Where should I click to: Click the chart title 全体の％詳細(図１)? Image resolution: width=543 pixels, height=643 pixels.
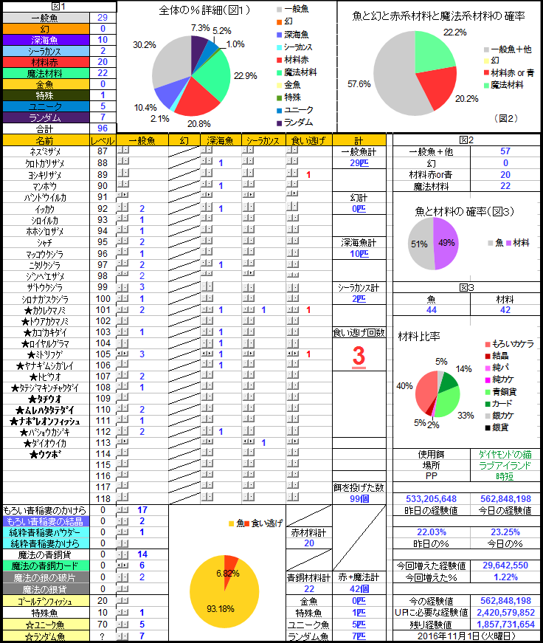pyautogui.click(x=204, y=10)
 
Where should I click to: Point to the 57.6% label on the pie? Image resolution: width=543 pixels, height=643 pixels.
pyautogui.click(x=359, y=84)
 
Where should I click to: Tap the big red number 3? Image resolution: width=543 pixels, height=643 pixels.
pyautogui.click(x=359, y=356)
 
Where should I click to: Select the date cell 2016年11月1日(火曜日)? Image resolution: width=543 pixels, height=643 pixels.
pyautogui.click(x=465, y=636)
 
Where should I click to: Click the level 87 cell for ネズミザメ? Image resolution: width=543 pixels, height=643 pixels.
pyautogui.click(x=103, y=151)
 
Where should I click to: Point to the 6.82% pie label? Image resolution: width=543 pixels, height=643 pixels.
pyautogui.click(x=229, y=572)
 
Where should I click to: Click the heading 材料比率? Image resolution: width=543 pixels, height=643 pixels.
pyautogui.click(x=419, y=337)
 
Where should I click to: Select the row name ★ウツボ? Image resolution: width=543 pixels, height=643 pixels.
pyautogui.click(x=44, y=453)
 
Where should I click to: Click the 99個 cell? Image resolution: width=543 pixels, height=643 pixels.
pyautogui.click(x=359, y=499)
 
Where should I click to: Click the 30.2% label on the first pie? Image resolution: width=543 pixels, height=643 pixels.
pyautogui.click(x=144, y=45)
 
